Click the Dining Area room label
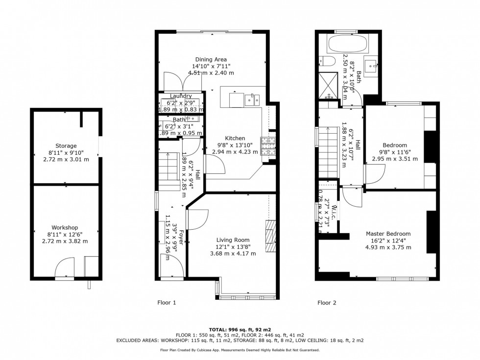coord(211,60)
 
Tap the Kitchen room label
coord(235,138)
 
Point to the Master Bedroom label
coord(388,234)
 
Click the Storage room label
coord(66,146)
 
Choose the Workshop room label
coord(66,228)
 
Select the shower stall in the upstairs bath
coord(329,84)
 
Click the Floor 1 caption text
coord(167,303)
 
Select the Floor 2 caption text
coord(327,303)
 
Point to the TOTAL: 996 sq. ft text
coord(240,329)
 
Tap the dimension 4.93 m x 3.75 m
coord(388,247)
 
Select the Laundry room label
coord(181,96)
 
